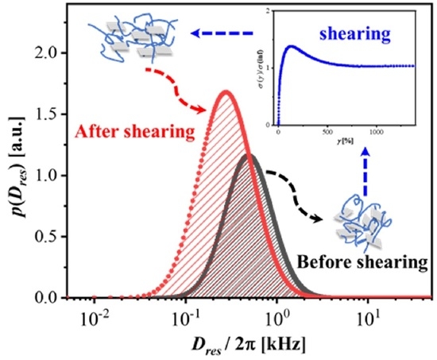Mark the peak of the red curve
click(x=226, y=91)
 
